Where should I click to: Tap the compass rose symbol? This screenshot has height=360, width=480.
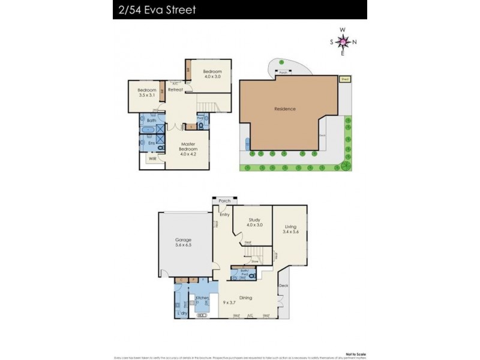pyautogui.click(x=342, y=41)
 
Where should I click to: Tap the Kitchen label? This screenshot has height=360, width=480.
pyautogui.click(x=202, y=298)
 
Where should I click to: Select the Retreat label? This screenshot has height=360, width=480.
pyautogui.click(x=175, y=90)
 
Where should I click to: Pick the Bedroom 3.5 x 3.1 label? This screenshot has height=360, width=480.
pyautogui.click(x=146, y=93)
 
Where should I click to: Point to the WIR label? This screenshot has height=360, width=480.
pyautogui.click(x=152, y=158)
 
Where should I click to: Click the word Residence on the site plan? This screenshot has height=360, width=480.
pyautogui.click(x=285, y=109)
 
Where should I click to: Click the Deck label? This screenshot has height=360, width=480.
pyautogui.click(x=284, y=286)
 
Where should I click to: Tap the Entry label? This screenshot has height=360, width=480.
pyautogui.click(x=224, y=215)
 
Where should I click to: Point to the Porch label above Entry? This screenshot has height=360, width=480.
pyautogui.click(x=224, y=201)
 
